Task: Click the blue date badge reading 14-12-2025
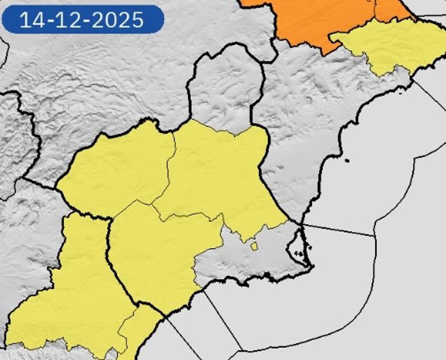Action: pos(81,19)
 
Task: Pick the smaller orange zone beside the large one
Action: pos(390,9)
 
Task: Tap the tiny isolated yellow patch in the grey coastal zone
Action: pos(254,246)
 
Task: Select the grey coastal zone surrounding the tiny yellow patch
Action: pos(233,262)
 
